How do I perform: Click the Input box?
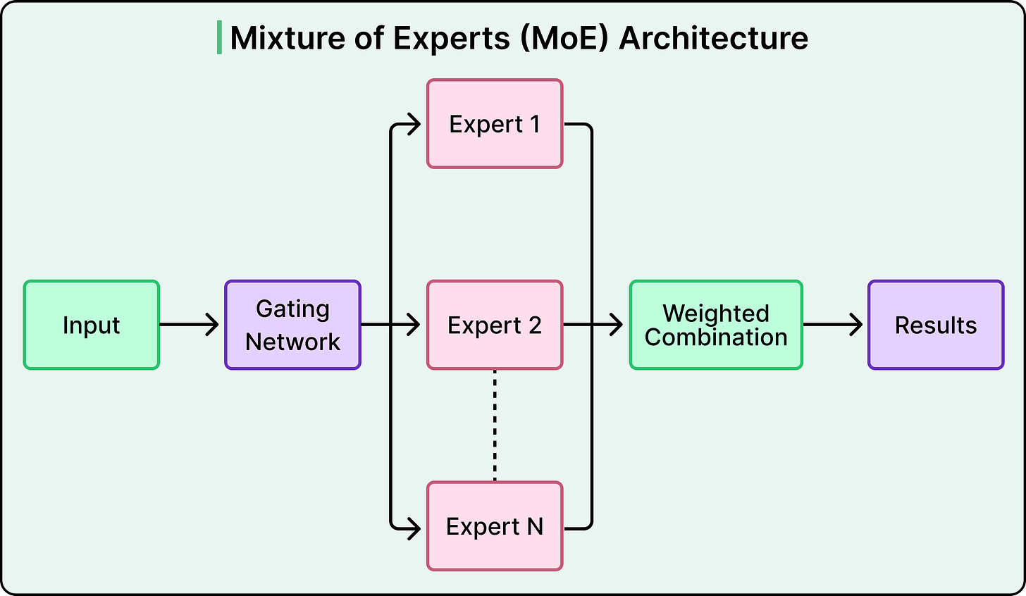[x=92, y=325]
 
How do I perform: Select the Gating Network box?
[x=292, y=325]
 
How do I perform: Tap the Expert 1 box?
[x=495, y=124]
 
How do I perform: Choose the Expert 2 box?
[x=495, y=325]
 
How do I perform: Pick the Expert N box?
[x=495, y=526]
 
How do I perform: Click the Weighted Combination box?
[x=716, y=325]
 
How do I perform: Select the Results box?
[x=936, y=325]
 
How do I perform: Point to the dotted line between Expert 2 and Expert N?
[x=495, y=425]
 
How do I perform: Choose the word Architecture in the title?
[x=713, y=38]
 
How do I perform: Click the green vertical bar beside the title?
[x=219, y=38]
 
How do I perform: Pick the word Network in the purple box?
[x=292, y=342]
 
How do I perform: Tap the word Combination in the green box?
[x=716, y=337]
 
